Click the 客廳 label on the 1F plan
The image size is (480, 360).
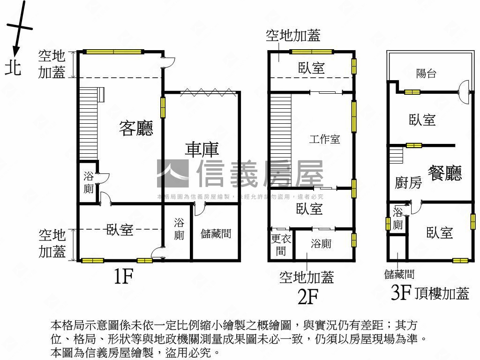click(x=136, y=127)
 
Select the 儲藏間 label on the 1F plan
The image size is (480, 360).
click(x=216, y=233)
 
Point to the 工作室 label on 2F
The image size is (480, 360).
click(x=325, y=139)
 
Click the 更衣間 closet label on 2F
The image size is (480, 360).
click(x=281, y=245)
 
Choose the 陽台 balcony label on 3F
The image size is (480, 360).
click(x=426, y=73)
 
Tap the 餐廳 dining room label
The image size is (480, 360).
click(x=444, y=172)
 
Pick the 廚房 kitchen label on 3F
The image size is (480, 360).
click(x=408, y=183)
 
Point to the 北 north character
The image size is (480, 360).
click(x=13, y=68)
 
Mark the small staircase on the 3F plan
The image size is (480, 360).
click(x=396, y=155)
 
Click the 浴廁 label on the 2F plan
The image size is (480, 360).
click(x=321, y=244)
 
